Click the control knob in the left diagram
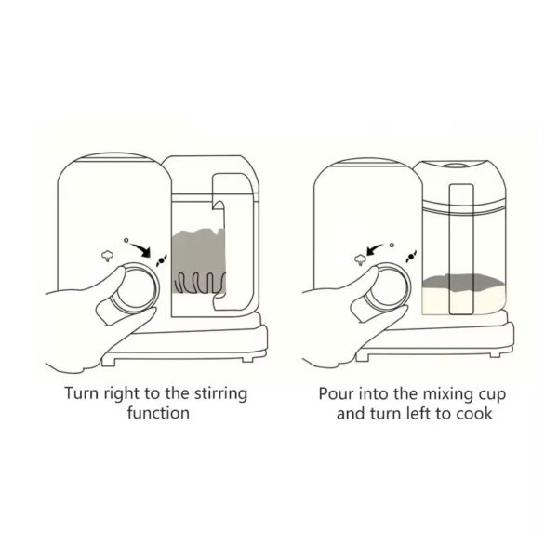(139, 285)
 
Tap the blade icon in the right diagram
(409, 252)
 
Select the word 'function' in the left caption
(158, 412)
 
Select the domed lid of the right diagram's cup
(461, 174)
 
